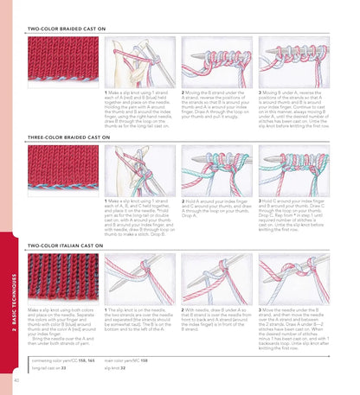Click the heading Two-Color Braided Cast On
[67, 29]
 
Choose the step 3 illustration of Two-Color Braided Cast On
[294, 61]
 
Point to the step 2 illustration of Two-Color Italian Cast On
[216, 277]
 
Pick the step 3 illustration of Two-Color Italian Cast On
[294, 277]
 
